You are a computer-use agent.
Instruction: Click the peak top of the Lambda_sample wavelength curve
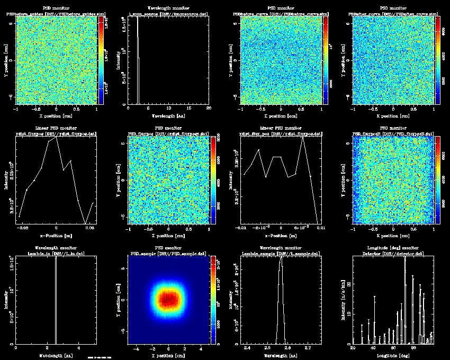(x=281, y=259)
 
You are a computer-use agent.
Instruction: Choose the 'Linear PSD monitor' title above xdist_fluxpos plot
(x=57, y=128)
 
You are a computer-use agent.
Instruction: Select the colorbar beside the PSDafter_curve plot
(x=437, y=59)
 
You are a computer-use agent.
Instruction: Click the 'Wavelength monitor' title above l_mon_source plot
(x=169, y=8)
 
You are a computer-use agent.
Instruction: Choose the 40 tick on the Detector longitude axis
(x=373, y=349)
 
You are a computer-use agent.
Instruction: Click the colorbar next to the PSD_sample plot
(x=213, y=300)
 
